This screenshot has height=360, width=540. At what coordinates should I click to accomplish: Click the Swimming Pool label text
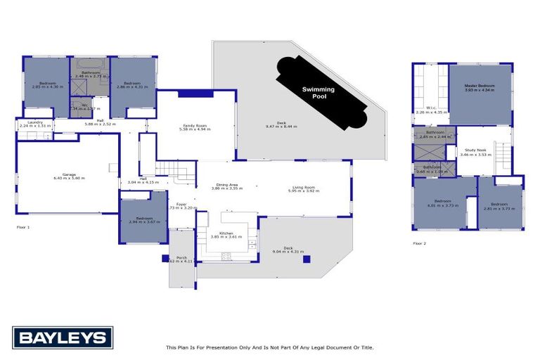coord(318,93)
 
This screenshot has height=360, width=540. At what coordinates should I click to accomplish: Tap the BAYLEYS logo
coord(63,337)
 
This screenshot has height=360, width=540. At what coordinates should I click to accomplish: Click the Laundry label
coord(35,122)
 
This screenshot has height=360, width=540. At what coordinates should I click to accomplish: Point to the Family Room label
coord(195,125)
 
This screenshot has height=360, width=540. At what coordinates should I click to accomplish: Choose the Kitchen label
coord(226,233)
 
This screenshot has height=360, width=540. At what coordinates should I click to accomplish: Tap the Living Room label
coord(304,187)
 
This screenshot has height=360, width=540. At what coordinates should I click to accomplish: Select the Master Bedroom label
coord(480,86)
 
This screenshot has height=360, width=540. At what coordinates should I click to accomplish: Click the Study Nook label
coord(475,150)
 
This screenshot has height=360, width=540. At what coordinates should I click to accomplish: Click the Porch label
coord(181,258)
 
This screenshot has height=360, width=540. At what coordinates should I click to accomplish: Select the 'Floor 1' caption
coord(23,227)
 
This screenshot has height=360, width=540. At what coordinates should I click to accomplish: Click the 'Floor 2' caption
coord(420,243)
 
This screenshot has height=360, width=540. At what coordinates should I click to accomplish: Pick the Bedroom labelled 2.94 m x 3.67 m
coord(143,219)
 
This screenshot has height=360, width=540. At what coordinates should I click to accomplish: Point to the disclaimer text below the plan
coord(269,347)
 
